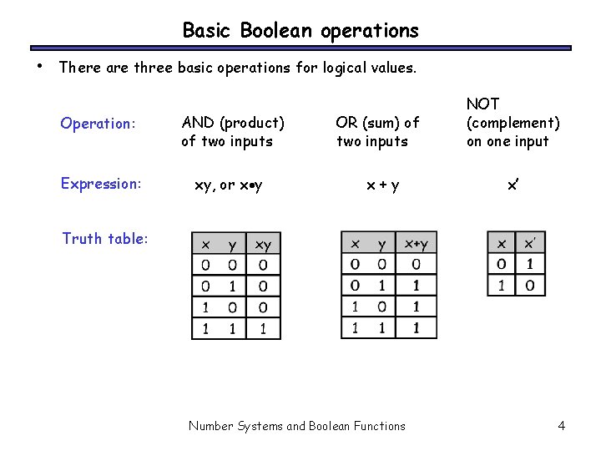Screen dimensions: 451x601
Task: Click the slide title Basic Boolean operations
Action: click(x=300, y=31)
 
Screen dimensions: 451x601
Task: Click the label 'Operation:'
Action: click(x=98, y=124)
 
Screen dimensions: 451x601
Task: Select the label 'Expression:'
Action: click(x=101, y=184)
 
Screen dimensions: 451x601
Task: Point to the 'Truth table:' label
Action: click(x=105, y=239)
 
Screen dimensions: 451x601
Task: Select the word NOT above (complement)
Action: click(x=482, y=104)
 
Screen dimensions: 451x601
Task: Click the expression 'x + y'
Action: click(x=384, y=185)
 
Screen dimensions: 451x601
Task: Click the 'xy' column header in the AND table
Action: click(x=263, y=245)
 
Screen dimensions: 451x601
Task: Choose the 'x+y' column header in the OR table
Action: click(x=416, y=245)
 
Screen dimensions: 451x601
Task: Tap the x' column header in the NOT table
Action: click(x=530, y=245)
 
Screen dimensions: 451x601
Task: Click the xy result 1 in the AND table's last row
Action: click(x=263, y=328)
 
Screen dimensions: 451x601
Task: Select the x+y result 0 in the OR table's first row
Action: click(x=416, y=266)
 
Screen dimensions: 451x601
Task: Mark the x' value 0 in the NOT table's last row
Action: click(x=530, y=286)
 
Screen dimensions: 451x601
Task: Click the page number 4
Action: click(x=561, y=426)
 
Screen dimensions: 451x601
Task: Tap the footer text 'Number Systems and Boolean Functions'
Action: click(x=297, y=426)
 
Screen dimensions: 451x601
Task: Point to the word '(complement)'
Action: click(x=513, y=123)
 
